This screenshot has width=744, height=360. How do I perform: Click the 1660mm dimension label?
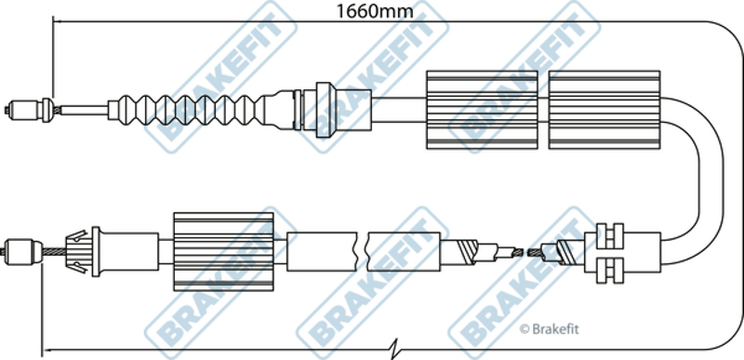pyautogui.click(x=375, y=10)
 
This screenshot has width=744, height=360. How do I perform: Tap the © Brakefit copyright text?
pyautogui.click(x=549, y=329)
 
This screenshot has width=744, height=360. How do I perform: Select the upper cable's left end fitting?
pyautogui.click(x=30, y=110)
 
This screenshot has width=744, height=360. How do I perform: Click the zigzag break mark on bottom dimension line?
pyautogui.click(x=396, y=349)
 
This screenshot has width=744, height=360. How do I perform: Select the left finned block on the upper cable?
pyautogui.click(x=482, y=110)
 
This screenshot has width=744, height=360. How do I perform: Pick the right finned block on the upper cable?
pyautogui.click(x=604, y=110)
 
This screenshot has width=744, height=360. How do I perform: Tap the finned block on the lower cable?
pyautogui.click(x=223, y=251)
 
